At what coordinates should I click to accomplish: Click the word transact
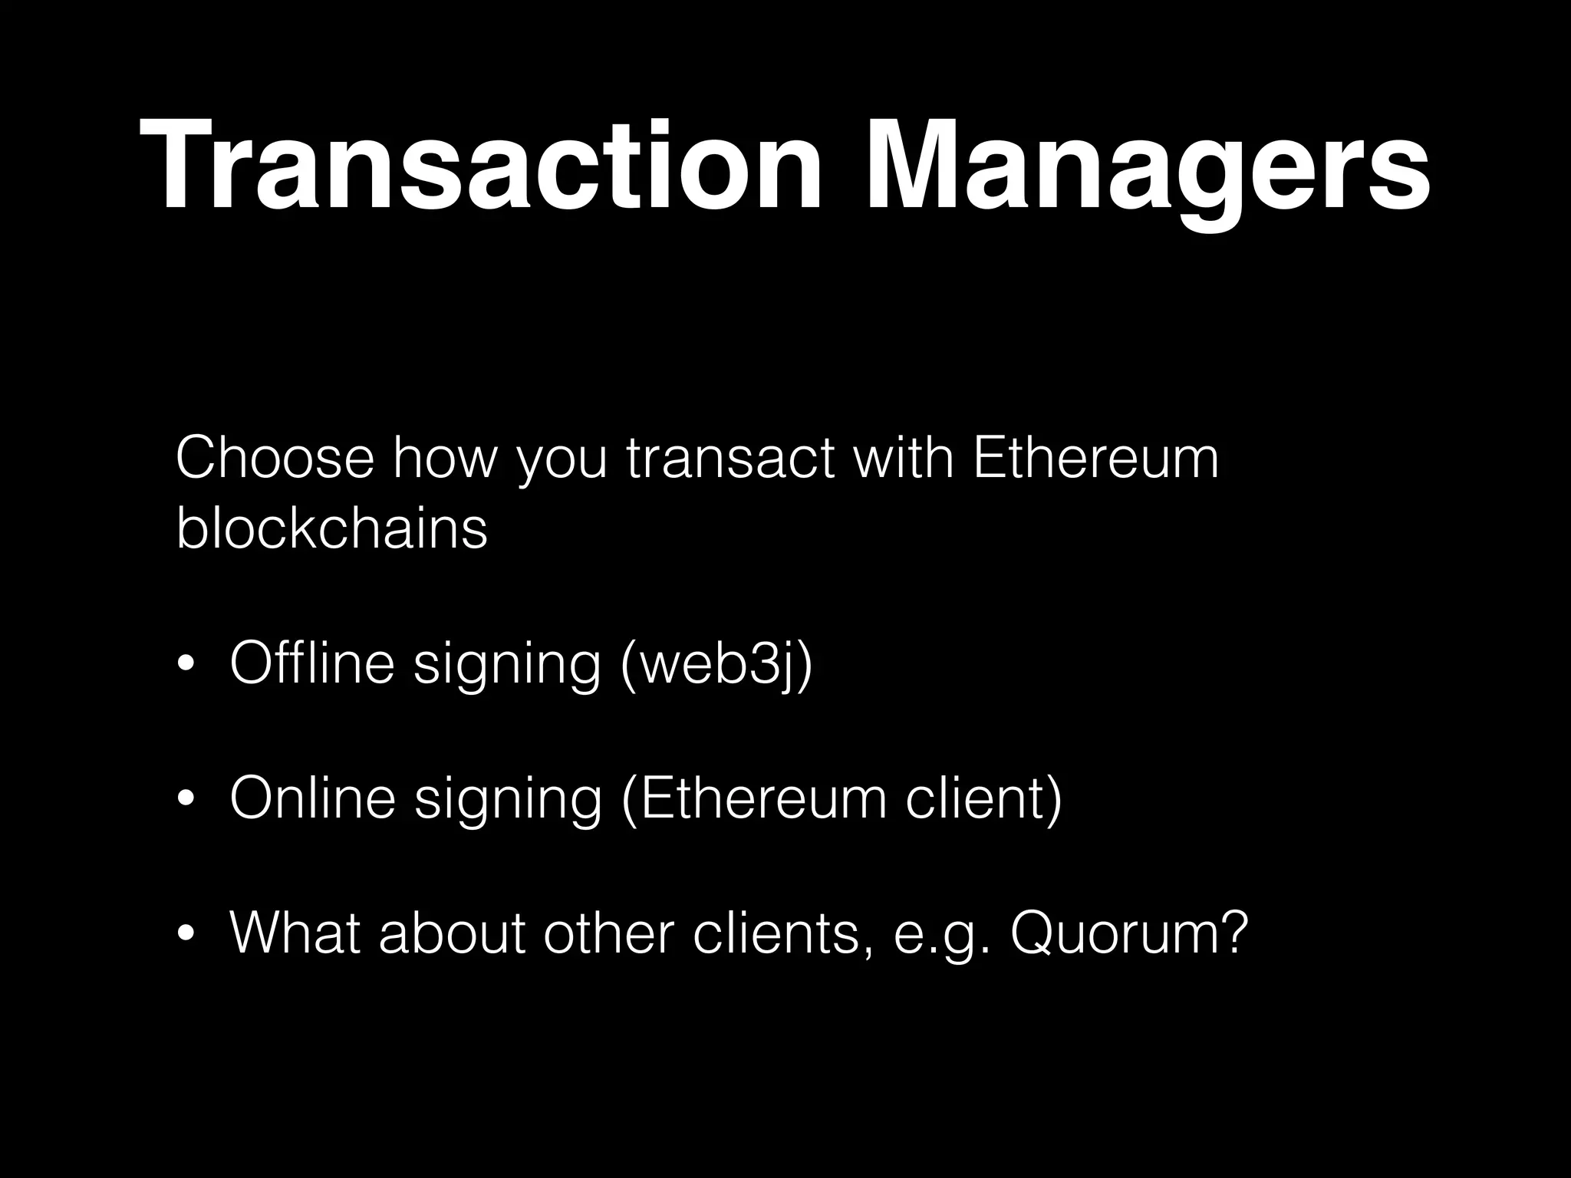pyautogui.click(x=730, y=459)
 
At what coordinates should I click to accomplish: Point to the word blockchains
pyautogui.click(x=331, y=528)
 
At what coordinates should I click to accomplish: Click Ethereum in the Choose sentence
pyautogui.click(x=1095, y=459)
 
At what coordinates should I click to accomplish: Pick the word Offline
pyautogui.click(x=312, y=663)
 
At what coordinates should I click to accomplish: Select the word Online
pyautogui.click(x=312, y=799)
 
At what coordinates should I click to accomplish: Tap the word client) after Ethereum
pyautogui.click(x=984, y=799)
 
